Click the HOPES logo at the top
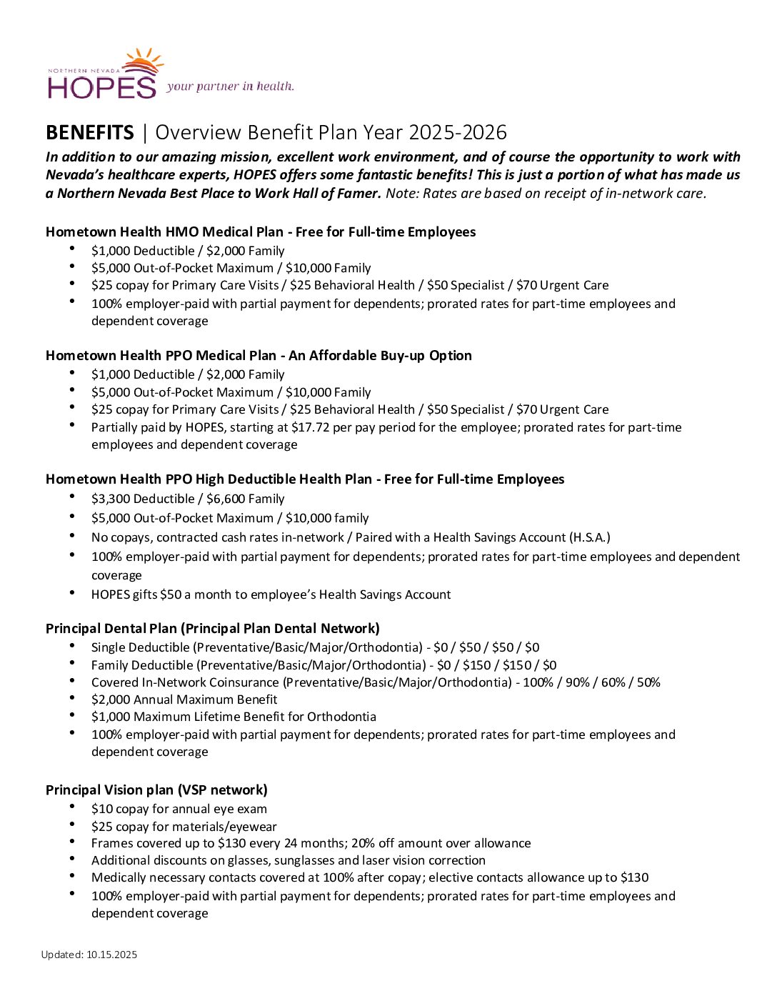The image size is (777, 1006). coord(104,76)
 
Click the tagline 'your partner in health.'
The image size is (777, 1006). coord(230,86)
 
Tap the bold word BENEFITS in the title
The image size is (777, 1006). coord(89,133)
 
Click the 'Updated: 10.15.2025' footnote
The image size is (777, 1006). coord(89,955)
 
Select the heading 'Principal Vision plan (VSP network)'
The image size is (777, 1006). coord(156,790)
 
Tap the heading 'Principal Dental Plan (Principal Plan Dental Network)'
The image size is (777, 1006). coord(212,628)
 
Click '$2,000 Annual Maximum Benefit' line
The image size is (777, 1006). coord(184,699)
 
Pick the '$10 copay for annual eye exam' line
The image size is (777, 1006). coord(179,809)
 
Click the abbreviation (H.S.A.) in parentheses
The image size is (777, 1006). coord(589,537)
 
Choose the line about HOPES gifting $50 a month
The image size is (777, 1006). coord(271,594)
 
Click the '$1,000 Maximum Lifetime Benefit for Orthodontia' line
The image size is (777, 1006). coord(234,717)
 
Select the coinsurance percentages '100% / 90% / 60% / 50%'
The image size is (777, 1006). coord(591,682)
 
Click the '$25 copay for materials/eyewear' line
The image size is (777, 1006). coord(184,827)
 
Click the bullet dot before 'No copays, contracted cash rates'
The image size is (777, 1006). coord(73,535)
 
